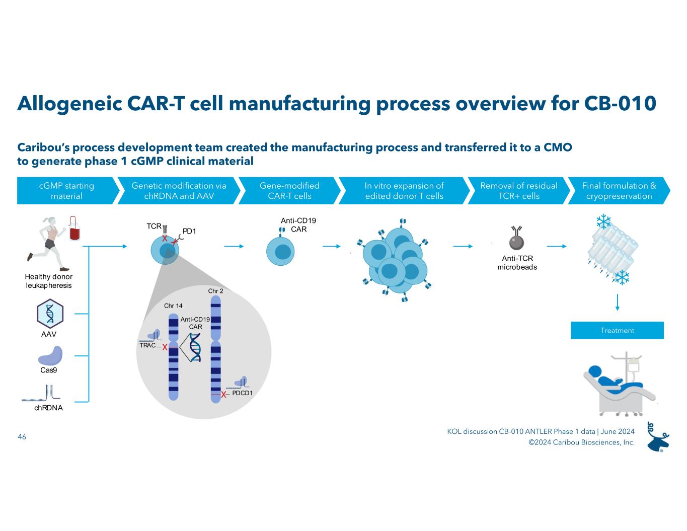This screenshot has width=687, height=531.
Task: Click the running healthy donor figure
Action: pyautogui.click(x=48, y=242)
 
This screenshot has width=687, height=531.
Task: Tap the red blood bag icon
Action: pyautogui.click(x=75, y=231)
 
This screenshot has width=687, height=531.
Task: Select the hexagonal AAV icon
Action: pyautogui.click(x=50, y=313)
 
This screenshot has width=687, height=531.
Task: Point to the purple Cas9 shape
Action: pyautogui.click(x=50, y=356)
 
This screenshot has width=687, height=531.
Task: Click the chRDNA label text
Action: pyautogui.click(x=49, y=408)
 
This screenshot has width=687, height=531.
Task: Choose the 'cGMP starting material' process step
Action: pyautogui.click(x=67, y=191)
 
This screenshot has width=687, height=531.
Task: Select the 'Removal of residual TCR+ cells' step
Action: pyautogui.click(x=518, y=191)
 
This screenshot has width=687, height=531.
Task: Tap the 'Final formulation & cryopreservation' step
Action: pyautogui.click(x=619, y=191)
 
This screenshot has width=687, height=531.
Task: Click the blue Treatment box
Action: pyautogui.click(x=617, y=330)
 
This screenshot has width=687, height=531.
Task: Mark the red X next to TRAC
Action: pyautogui.click(x=165, y=347)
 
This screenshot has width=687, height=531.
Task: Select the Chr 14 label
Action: pyautogui.click(x=173, y=306)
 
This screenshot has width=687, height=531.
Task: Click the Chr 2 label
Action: pyautogui.click(x=215, y=291)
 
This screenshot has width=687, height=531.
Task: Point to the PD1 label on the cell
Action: pyautogui.click(x=189, y=231)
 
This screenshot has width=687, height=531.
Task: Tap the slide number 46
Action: pyautogui.click(x=22, y=437)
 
